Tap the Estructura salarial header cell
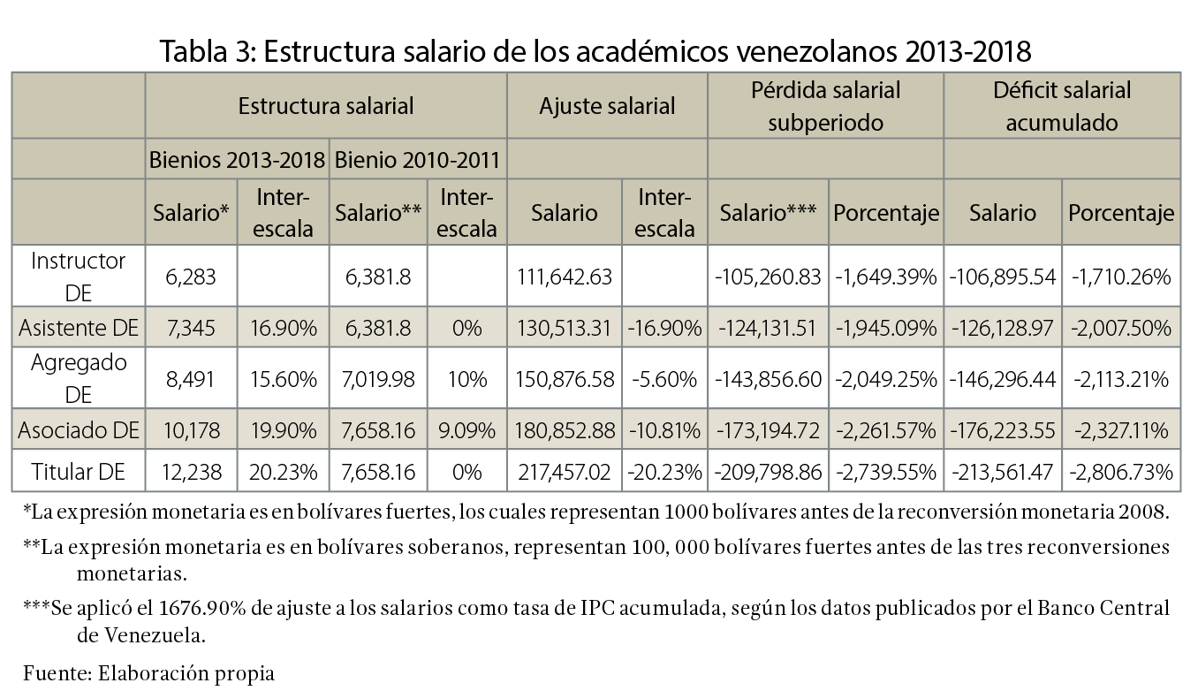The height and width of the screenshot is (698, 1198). tap(326, 107)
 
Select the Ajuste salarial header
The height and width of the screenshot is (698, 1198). tap(607, 107)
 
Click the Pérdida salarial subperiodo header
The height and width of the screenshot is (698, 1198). tap(825, 106)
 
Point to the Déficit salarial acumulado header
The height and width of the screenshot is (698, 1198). tap(1061, 106)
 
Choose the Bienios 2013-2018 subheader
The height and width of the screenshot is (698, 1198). tap(237, 161)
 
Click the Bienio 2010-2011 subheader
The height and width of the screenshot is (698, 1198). tap(418, 161)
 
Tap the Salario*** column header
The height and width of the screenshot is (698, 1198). tap(768, 213)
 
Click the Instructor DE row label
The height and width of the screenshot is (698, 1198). tap(79, 277)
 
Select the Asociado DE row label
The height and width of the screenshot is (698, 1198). tap(79, 430)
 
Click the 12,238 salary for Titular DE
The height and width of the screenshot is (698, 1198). tap(190, 473)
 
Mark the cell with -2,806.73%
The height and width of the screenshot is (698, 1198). tap(1121, 473)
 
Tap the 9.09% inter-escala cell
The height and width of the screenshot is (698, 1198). tap(466, 430)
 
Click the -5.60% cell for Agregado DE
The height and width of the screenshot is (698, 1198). tap(663, 379)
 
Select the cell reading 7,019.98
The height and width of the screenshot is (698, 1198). tap(377, 379)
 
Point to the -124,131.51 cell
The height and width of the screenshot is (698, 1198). tap(767, 329)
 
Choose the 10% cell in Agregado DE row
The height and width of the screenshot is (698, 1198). tap(466, 379)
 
